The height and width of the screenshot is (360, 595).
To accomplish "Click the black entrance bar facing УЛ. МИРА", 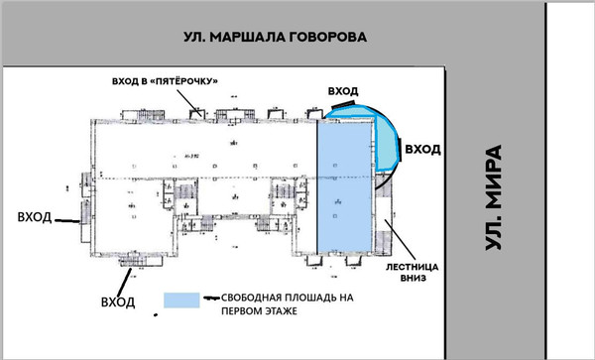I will pyautogui.click(x=400, y=150).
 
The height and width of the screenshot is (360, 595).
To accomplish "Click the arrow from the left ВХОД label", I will pyautogui.click(x=68, y=221).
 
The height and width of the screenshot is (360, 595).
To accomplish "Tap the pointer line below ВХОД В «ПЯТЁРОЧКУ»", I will pyautogui.click(x=194, y=101).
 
